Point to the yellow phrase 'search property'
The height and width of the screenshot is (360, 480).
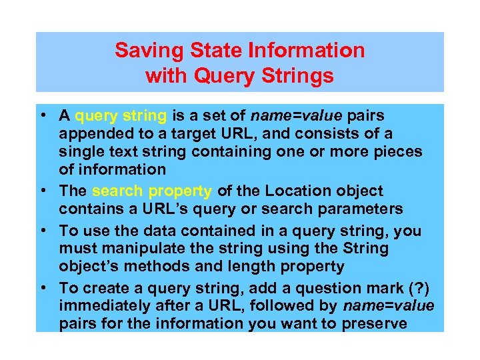click(152, 191)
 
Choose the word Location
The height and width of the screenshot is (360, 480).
click(291, 191)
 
